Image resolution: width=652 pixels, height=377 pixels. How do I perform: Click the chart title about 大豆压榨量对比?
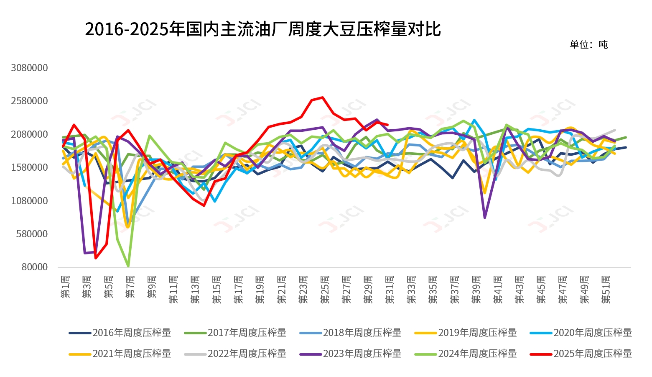[x=262, y=29]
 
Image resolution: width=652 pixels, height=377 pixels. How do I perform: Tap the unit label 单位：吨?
[x=588, y=45]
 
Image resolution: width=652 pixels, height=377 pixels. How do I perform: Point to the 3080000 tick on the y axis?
[x=29, y=68]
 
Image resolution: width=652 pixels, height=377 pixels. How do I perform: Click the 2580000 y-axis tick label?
[x=29, y=101]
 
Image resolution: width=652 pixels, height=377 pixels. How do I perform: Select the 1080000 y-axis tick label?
[x=29, y=201]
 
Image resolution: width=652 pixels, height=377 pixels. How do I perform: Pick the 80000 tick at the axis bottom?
[x=35, y=267]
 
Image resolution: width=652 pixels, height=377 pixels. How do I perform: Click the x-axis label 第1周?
[x=65, y=287]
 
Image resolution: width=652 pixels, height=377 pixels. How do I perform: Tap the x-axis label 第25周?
[x=325, y=289]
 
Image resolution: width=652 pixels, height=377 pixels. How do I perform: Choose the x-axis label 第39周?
[x=476, y=289]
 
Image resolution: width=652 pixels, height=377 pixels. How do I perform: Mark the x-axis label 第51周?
[x=606, y=289]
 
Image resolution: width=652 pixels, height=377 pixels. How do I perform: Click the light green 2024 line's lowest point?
[x=128, y=266]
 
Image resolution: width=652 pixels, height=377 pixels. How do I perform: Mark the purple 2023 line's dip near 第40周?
[x=484, y=218]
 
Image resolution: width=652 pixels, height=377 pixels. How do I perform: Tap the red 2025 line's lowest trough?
[x=96, y=258]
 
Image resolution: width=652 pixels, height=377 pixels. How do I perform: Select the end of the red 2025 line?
[x=388, y=125]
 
